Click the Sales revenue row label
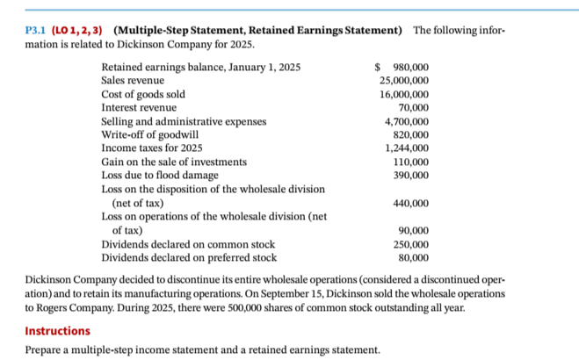click(133, 81)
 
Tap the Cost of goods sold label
click(143, 94)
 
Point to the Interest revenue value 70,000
click(411, 107)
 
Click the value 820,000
click(409, 134)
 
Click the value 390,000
click(409, 176)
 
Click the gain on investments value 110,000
click(409, 162)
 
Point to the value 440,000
click(409, 203)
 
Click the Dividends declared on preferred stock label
click(189, 258)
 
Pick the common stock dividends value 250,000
click(409, 244)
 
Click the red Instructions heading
click(57, 331)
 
